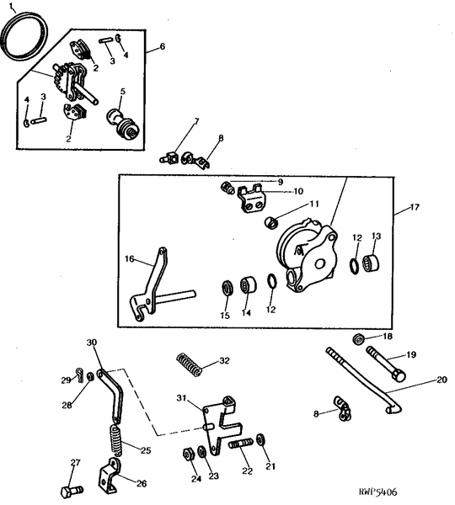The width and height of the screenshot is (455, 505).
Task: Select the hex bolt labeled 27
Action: point(69,489)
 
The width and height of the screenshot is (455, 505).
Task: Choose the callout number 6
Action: point(163,47)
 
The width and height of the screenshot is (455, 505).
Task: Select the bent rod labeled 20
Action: point(362,379)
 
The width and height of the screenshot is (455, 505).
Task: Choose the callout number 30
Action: point(92,343)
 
